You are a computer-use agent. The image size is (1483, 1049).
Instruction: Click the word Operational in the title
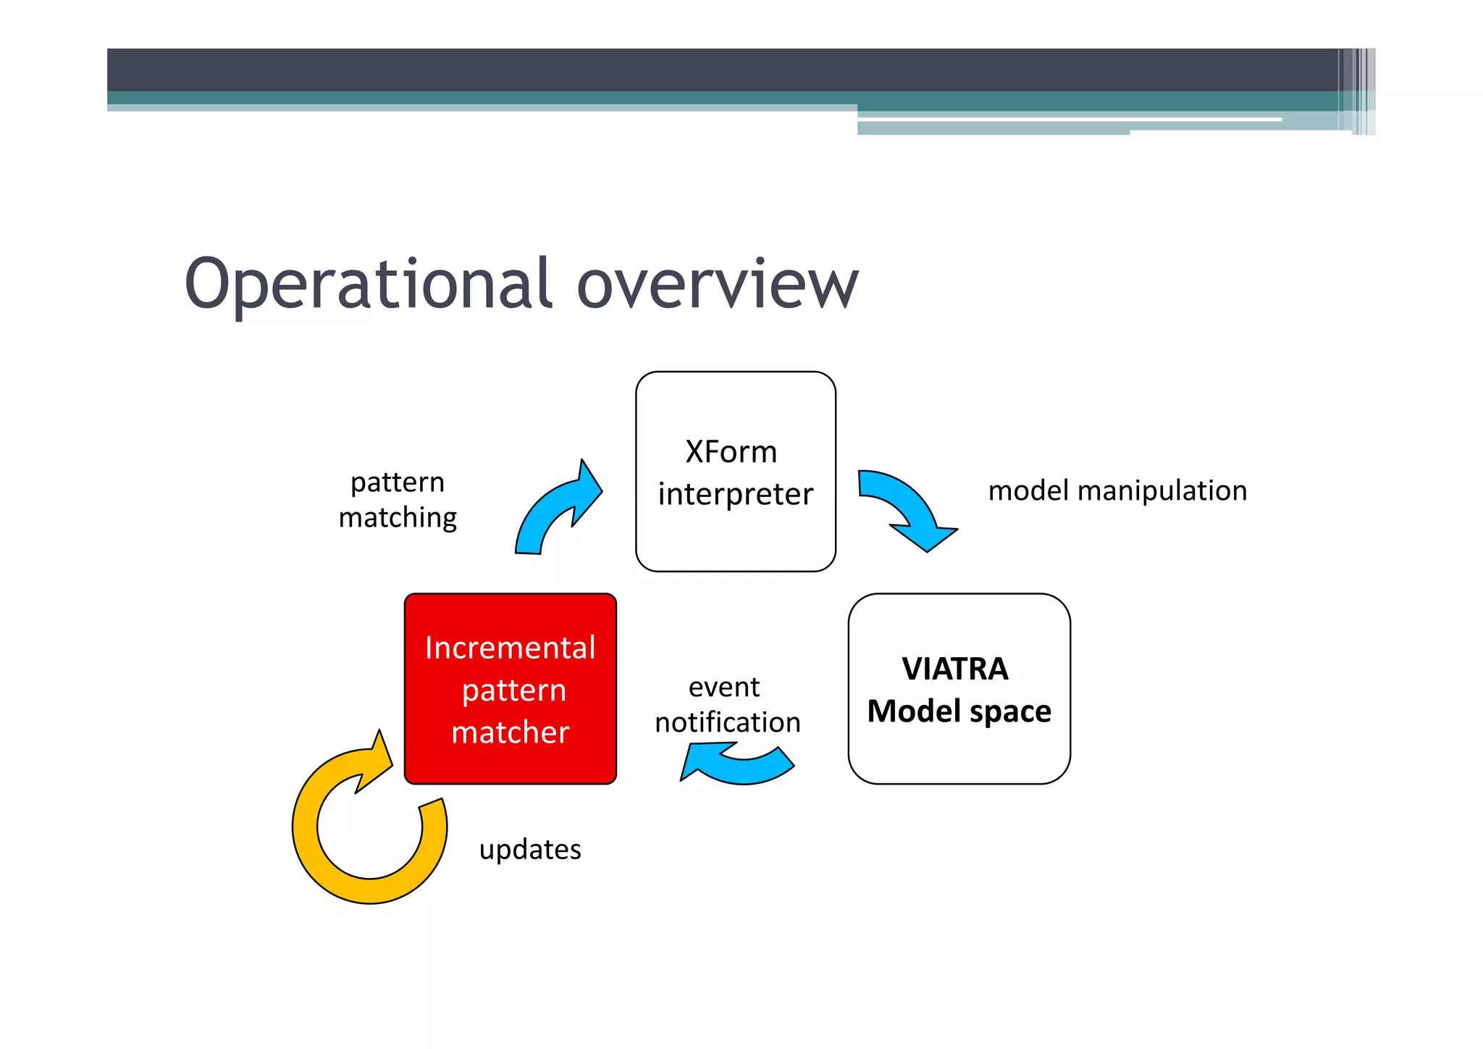click(369, 284)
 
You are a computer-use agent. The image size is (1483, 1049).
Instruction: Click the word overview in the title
click(717, 284)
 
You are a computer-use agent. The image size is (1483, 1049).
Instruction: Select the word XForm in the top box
click(731, 452)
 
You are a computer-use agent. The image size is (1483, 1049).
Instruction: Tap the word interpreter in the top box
click(735, 495)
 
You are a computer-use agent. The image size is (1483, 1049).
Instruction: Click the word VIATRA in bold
click(955, 669)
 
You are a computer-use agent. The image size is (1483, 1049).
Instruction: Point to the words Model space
click(959, 711)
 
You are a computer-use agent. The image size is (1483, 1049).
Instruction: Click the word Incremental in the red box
click(510, 648)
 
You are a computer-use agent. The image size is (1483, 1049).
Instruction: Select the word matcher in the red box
click(510, 732)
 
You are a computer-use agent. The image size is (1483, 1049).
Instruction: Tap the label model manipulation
click(1117, 491)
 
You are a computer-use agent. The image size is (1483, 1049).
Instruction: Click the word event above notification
click(724, 687)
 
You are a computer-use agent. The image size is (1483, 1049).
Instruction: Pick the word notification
click(727, 722)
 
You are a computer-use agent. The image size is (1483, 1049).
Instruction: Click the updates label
click(530, 849)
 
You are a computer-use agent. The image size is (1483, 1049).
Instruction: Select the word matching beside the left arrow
click(398, 518)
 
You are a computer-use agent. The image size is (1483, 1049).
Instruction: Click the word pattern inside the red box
click(513, 690)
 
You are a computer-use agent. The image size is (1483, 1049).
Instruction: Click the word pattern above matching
click(398, 482)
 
